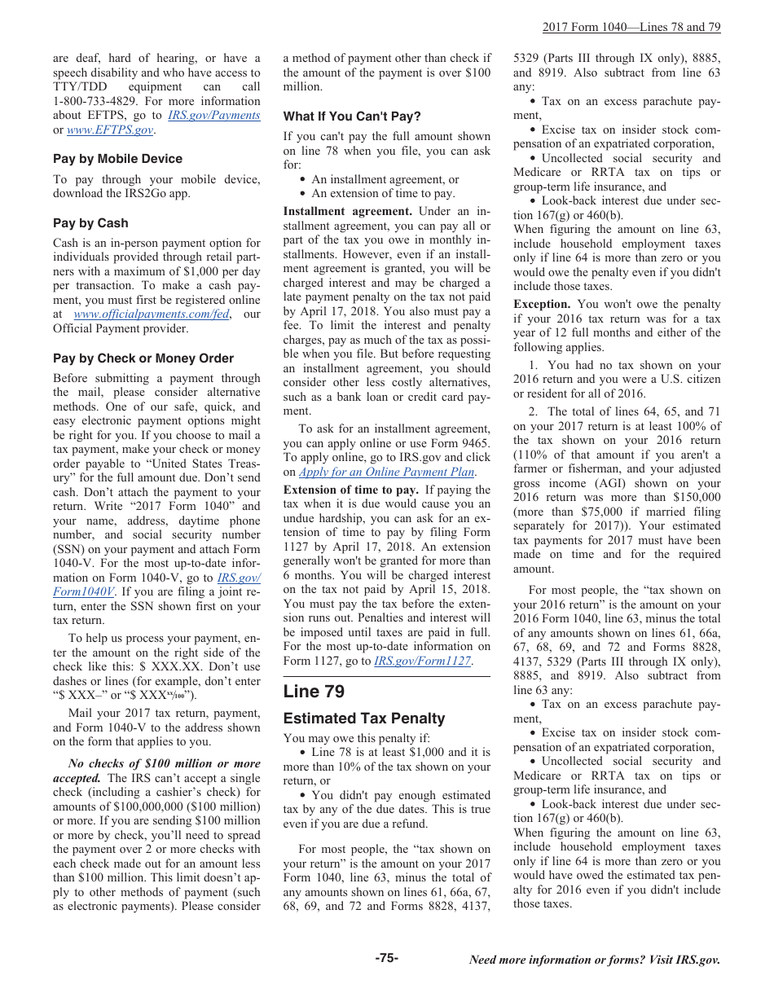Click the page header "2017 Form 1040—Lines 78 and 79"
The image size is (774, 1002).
pyautogui.click(x=631, y=27)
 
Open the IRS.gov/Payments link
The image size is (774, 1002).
pyautogui.click(x=213, y=116)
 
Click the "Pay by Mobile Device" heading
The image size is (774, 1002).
pyautogui.click(x=117, y=159)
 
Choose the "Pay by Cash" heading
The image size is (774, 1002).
pyautogui.click(x=90, y=223)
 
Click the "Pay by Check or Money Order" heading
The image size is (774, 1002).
pyautogui.click(x=143, y=358)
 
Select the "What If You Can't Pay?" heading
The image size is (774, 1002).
pyautogui.click(x=352, y=116)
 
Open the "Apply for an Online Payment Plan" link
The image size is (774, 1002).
pyautogui.click(x=386, y=472)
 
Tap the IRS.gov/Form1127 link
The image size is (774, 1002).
pyautogui.click(x=422, y=661)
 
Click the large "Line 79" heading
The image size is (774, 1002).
pyautogui.click(x=314, y=692)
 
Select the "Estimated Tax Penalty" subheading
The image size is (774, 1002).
pyautogui.click(x=364, y=719)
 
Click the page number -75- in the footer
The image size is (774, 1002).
pyautogui.click(x=387, y=958)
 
